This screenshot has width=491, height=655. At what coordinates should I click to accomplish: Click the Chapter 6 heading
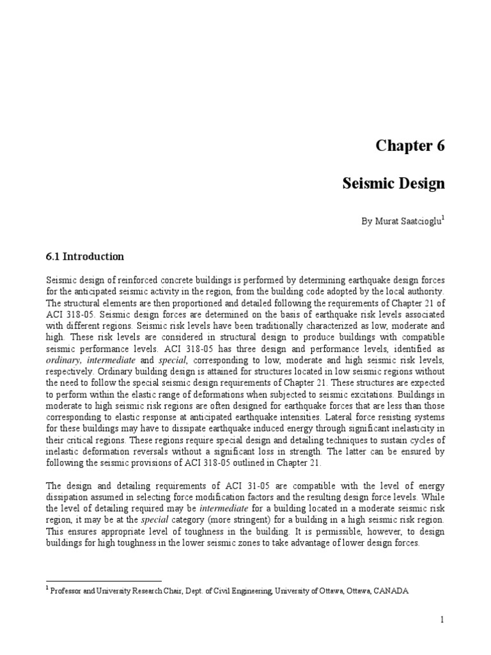pos(409,146)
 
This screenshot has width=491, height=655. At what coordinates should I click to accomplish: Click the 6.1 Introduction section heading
pos(85,256)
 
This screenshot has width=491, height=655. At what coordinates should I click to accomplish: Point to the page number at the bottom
pos(441,620)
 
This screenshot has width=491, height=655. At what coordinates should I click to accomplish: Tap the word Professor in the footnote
pos(72,592)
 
